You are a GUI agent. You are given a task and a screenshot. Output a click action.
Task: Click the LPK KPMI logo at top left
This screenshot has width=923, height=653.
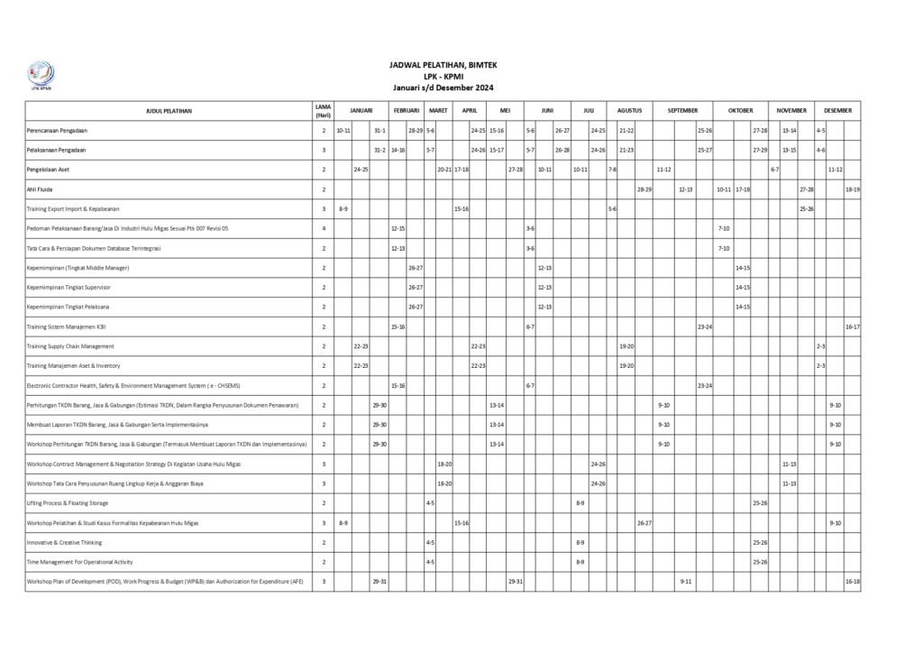41,75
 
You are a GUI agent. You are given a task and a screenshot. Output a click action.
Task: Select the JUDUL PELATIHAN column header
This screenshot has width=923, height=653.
169,111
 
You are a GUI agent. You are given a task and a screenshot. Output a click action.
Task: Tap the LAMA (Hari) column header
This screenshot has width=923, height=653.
324,111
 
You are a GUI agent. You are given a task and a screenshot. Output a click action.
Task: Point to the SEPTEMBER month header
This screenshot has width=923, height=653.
682,110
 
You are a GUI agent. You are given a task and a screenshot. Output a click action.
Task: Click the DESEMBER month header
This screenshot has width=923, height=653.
837,110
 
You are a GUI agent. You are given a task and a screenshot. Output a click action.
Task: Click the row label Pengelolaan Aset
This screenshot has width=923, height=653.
49,170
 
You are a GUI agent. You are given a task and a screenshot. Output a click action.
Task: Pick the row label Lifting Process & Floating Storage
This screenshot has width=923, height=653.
67,503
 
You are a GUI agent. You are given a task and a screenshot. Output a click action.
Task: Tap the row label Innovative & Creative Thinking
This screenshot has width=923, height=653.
64,543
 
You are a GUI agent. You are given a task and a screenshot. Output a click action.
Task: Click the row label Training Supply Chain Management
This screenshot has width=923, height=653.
70,346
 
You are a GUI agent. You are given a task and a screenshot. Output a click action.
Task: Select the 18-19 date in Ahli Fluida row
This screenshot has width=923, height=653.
853,189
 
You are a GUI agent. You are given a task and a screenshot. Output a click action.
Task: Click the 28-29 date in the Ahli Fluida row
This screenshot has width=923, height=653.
644,189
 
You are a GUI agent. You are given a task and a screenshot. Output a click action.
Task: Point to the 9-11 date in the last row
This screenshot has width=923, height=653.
686,582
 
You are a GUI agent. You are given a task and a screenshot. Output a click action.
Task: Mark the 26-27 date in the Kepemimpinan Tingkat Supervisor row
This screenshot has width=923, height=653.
416,288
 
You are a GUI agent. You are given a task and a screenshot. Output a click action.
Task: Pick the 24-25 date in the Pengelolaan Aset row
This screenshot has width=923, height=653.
361,170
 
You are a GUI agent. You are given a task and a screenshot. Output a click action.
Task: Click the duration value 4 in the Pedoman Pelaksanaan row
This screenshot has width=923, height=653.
324,229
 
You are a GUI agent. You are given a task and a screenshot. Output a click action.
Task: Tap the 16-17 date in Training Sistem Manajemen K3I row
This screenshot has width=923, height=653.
853,326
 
